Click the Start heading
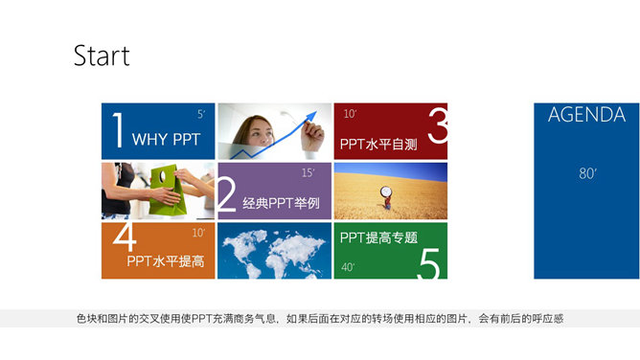tap(102, 56)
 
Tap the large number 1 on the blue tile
tap(117, 131)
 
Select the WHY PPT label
tap(166, 140)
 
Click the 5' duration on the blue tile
tap(201, 114)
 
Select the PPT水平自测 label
tap(377, 146)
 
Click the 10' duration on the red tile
tap(350, 114)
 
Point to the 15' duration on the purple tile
tap(308, 173)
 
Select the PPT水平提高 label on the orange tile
tap(165, 260)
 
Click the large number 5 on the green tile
tap(428, 260)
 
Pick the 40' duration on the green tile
tap(347, 267)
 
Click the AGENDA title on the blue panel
tap(586, 116)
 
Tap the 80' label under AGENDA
tap(587, 173)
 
